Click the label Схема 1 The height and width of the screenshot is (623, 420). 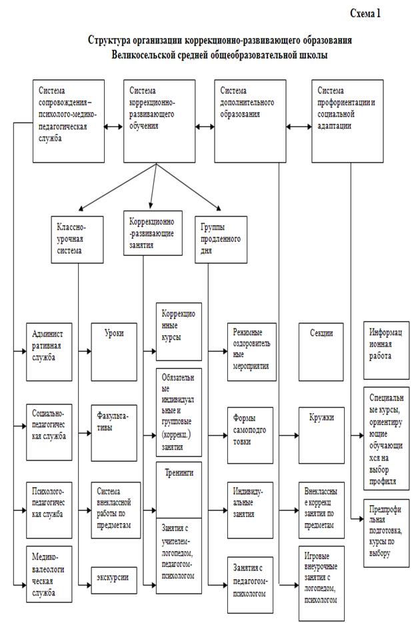coord(366,13)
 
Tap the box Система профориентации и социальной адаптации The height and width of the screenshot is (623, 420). coord(349,121)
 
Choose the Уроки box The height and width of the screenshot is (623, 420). coord(117,351)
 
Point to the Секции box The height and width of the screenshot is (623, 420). coord(321,351)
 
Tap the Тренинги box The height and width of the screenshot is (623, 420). coord(179,490)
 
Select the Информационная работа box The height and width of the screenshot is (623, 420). coord(387,351)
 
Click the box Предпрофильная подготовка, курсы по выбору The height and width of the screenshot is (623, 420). coord(387,532)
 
